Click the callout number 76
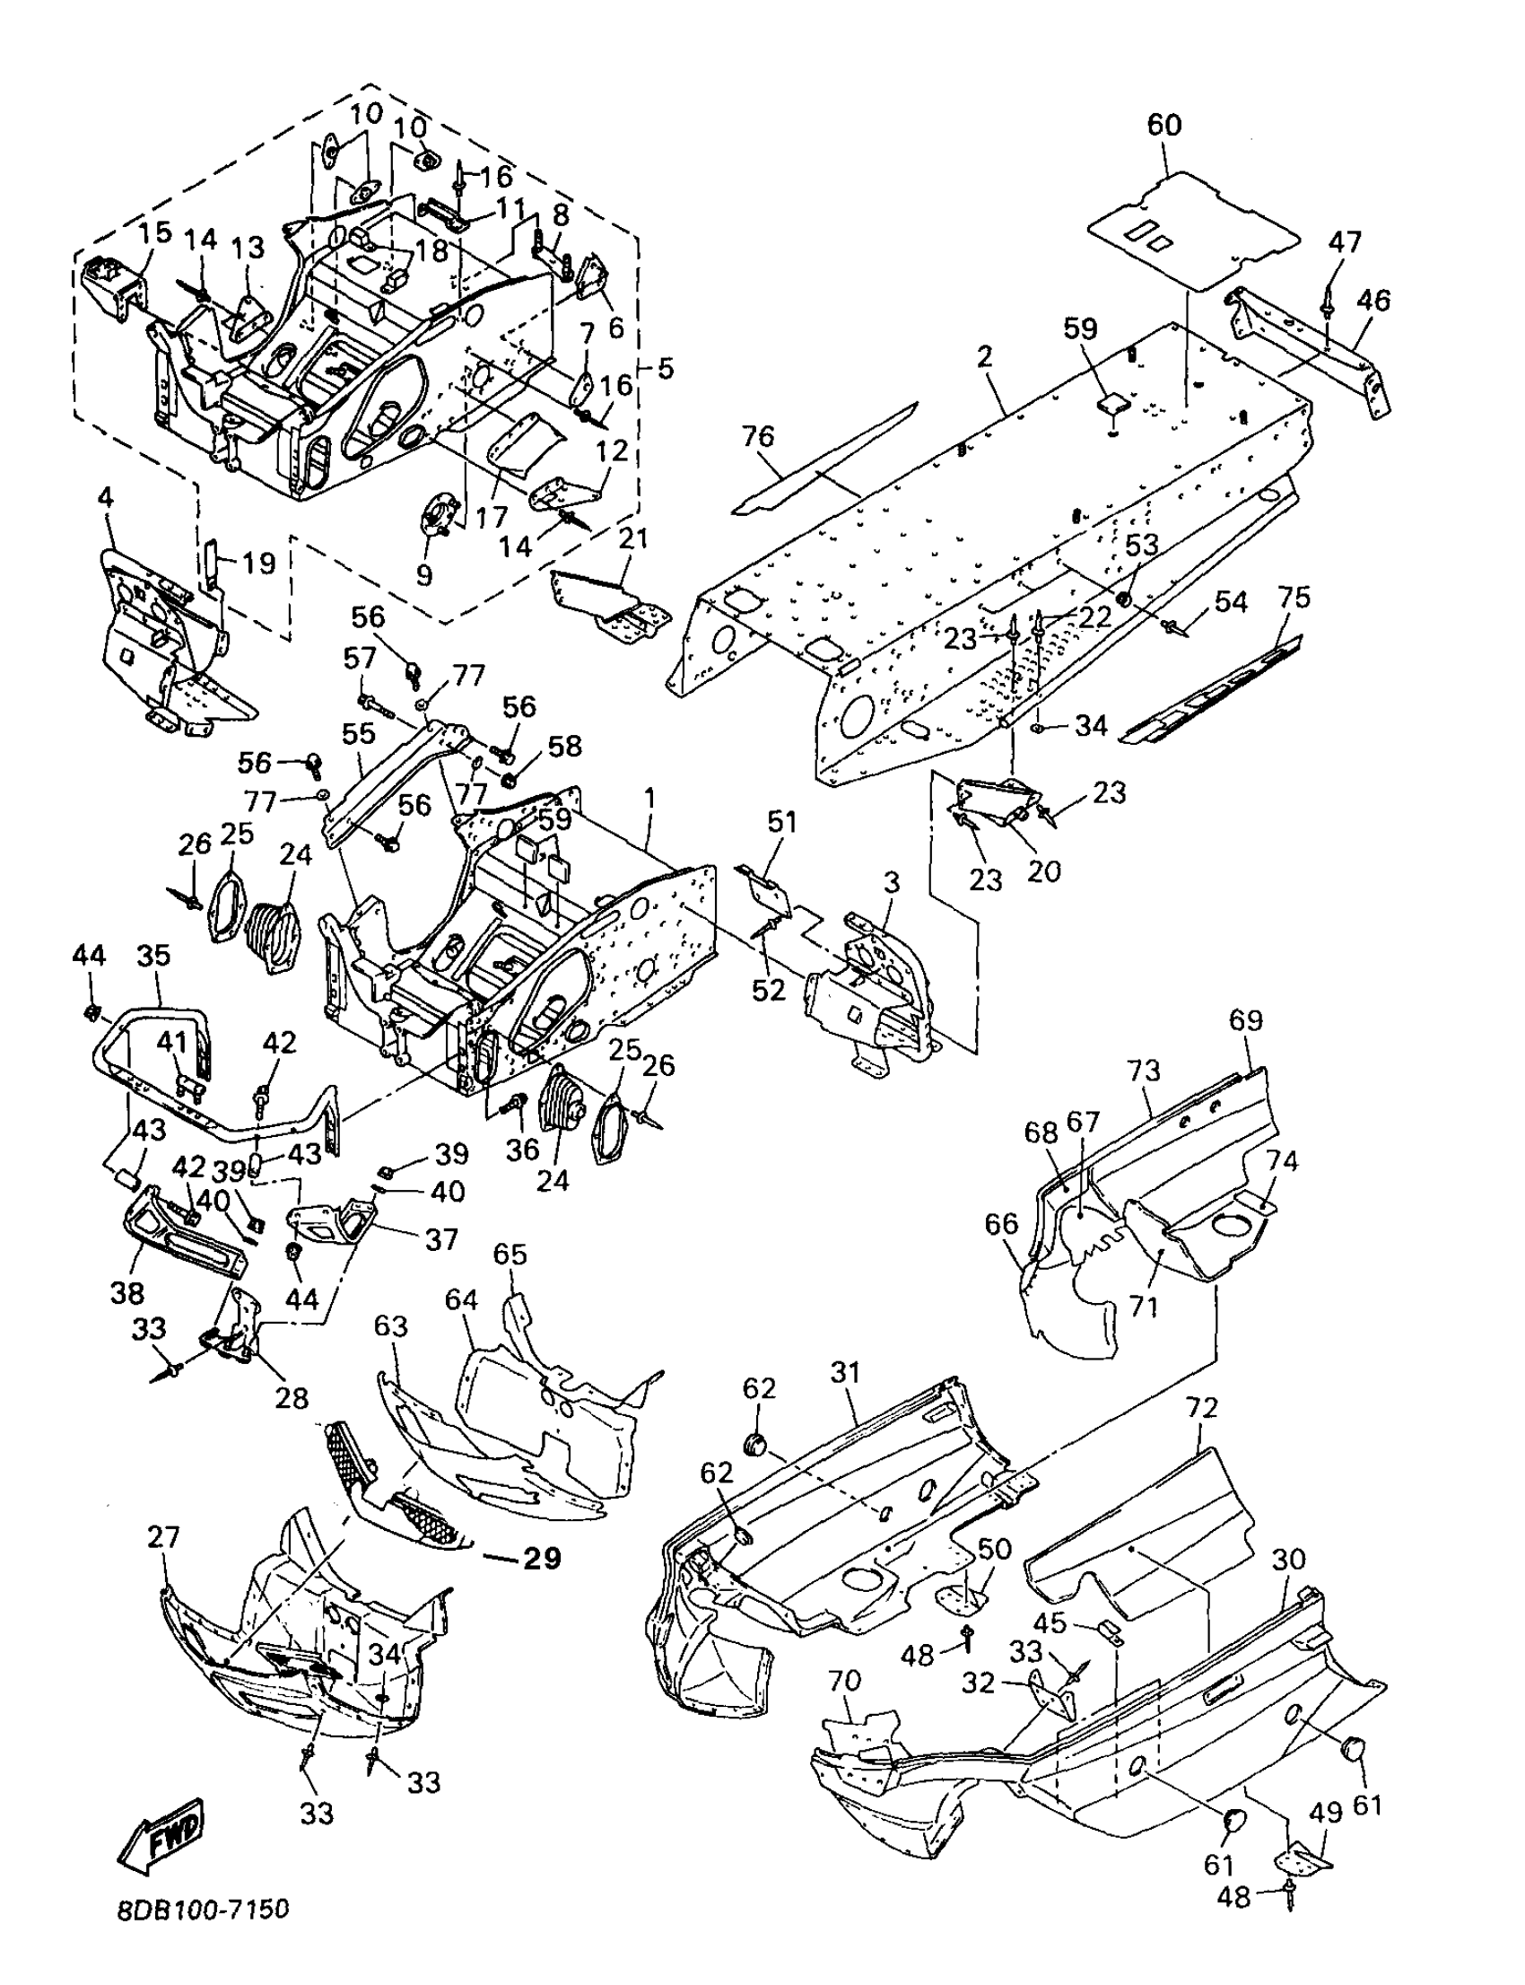758,438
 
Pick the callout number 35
154,957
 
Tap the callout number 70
844,1680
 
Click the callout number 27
163,1538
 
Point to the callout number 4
106,499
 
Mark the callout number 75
1294,598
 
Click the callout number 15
154,232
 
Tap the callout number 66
1002,1226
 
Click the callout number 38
127,1292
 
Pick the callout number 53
1143,546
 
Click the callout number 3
892,883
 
